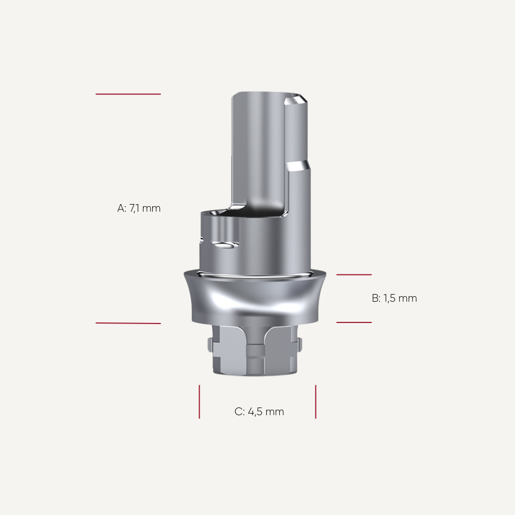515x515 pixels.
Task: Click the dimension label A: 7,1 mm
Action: click(139, 208)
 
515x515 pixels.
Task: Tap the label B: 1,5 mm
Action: click(394, 298)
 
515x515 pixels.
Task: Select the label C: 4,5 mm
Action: click(259, 411)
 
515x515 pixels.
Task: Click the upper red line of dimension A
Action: click(128, 94)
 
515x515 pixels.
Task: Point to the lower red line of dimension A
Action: click(128, 323)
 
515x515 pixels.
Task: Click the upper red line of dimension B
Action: click(354, 274)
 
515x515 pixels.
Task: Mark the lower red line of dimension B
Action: click(354, 322)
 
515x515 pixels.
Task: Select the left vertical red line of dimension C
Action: click(199, 402)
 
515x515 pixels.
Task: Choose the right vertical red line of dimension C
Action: click(315, 402)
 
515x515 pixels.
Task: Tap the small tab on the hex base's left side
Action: click(211, 345)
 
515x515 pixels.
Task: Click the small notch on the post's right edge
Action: click(298, 165)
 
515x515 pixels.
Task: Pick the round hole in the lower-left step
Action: click(224, 244)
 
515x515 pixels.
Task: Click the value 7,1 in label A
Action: click(145, 208)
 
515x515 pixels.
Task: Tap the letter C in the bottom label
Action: click(238, 411)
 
